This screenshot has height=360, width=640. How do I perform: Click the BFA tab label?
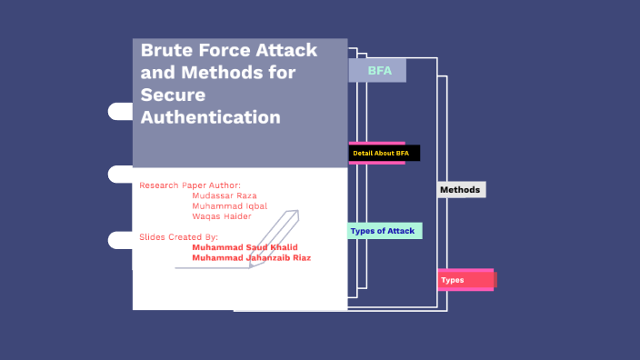point(379,71)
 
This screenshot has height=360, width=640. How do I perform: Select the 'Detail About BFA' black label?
point(382,154)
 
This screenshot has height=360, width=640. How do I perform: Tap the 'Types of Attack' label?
point(383,231)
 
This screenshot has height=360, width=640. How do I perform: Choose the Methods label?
point(460,190)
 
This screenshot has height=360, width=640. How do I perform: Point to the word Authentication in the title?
point(211,117)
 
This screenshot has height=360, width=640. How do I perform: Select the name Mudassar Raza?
point(225,195)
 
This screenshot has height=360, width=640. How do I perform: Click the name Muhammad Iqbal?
point(229,205)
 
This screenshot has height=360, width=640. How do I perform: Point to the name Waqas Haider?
point(222,216)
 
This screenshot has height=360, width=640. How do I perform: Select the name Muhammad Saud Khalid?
point(245,246)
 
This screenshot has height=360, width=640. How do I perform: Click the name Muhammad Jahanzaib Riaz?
point(251,257)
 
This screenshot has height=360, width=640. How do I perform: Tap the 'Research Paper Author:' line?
point(189,185)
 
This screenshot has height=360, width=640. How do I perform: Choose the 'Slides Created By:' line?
point(178,236)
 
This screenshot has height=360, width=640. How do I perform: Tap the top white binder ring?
point(121,111)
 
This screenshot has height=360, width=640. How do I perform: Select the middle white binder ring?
point(121,175)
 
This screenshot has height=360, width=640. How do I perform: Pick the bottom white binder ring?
point(121,240)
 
